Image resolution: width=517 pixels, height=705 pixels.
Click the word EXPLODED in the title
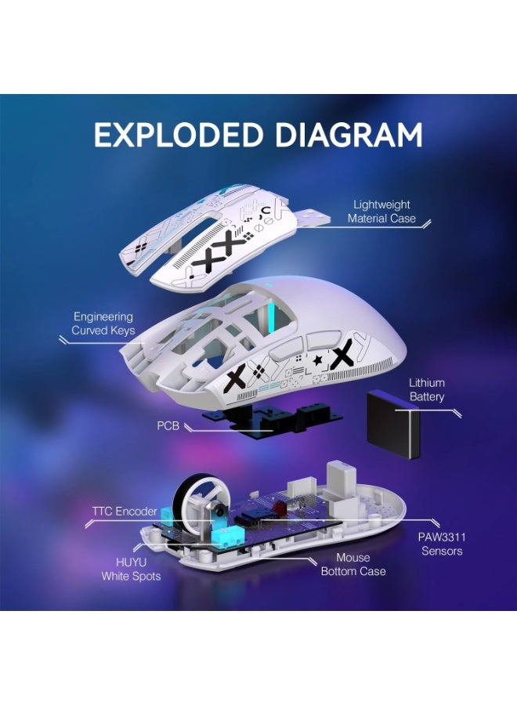[x=175, y=135]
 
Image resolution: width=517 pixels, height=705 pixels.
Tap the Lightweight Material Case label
[x=381, y=211]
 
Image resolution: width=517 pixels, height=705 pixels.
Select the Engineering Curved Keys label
[x=103, y=324]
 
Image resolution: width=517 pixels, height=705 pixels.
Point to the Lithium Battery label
[x=426, y=389]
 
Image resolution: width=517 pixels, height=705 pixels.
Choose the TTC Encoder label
[x=124, y=512]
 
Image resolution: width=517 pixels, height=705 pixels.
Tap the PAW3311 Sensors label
[x=442, y=544]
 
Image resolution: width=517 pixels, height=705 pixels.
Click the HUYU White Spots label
[x=131, y=569]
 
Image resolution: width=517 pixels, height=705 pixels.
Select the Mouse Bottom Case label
[x=352, y=564]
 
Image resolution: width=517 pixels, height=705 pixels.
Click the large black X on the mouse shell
[x=342, y=356]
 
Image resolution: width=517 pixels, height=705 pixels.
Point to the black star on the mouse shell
[x=317, y=360]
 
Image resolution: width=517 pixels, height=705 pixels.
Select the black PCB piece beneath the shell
[x=258, y=423]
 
